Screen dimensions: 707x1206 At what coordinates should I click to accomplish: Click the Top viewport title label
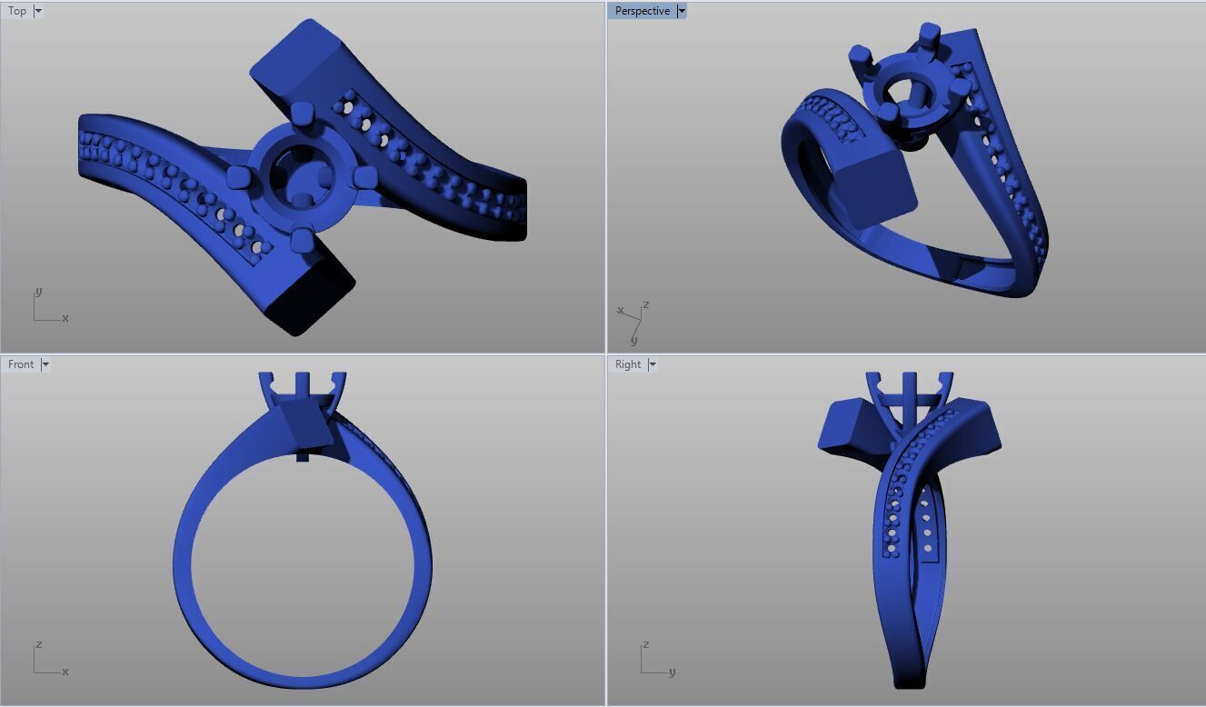point(17,11)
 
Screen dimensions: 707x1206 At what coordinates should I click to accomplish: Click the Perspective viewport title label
point(642,11)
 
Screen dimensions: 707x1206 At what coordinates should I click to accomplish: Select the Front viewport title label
point(20,364)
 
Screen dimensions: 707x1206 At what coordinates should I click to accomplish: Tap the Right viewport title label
point(628,364)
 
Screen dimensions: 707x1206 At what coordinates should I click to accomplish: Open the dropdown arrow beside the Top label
point(38,11)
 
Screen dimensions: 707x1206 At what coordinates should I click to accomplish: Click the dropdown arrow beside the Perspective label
point(682,11)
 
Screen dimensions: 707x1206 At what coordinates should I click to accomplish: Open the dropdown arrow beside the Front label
point(45,364)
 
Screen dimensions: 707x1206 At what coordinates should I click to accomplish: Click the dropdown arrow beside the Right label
point(653,364)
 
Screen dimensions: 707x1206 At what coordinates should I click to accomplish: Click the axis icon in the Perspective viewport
point(633,321)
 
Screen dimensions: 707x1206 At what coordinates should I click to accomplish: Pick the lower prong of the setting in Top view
point(302,240)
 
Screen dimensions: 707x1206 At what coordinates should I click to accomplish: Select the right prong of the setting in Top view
point(364,176)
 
